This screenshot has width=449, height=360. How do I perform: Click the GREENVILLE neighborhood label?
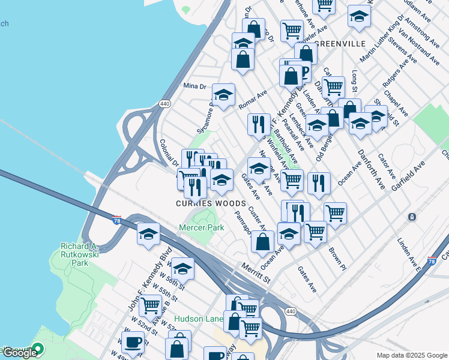340,44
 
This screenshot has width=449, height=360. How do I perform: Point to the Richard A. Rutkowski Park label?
80,252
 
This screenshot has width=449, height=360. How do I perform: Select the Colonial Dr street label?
169,154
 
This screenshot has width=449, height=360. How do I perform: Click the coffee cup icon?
133,343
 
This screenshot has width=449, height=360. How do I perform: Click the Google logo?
20,352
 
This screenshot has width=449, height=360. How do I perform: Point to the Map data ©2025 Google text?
411,355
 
